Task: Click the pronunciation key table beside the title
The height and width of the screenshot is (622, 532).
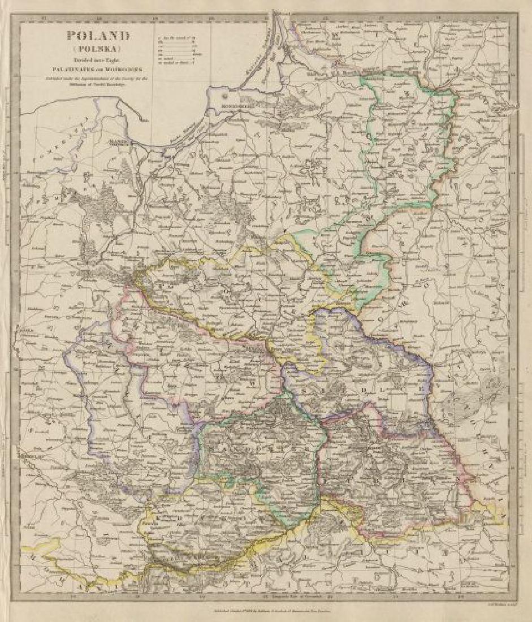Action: coord(176,51)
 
